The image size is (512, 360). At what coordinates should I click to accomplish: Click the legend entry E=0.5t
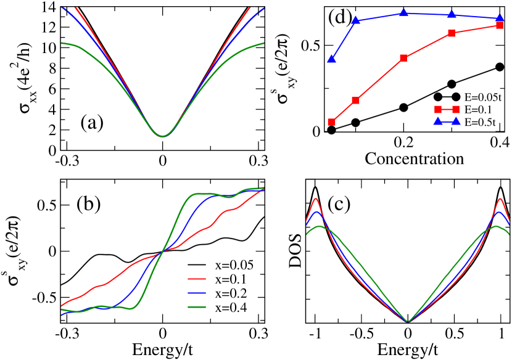[x=478, y=123]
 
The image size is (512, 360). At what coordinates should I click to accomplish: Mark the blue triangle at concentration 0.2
[x=403, y=12]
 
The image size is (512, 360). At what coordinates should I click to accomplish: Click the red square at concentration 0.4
[x=500, y=25]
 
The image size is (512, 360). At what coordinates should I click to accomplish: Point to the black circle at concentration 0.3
[x=452, y=84]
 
